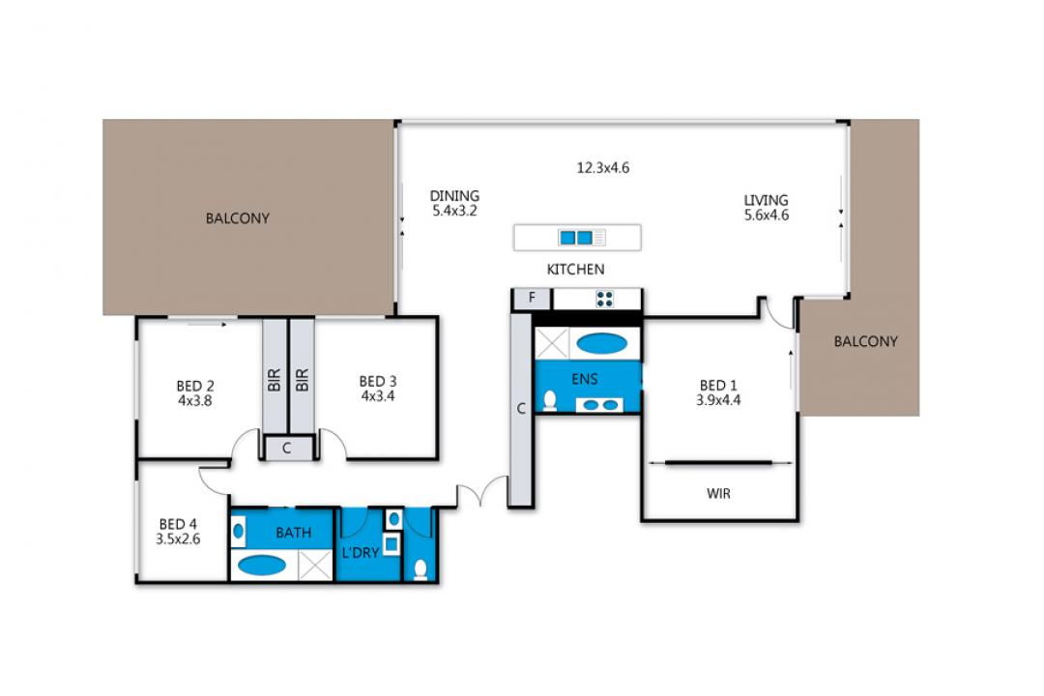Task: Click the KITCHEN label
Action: (575, 269)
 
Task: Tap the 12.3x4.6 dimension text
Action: (602, 168)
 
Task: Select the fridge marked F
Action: (532, 299)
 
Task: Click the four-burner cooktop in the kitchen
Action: (604, 299)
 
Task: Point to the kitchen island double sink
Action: (576, 238)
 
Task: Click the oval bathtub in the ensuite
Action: (601, 344)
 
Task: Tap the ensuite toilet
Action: (550, 400)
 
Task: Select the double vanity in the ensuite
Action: (599, 404)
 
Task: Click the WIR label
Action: (718, 494)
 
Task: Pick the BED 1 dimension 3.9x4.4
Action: (718, 400)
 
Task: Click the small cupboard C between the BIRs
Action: (287, 449)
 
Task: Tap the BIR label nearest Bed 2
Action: (274, 380)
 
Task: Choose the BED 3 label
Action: (378, 381)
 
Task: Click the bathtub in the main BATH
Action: (262, 565)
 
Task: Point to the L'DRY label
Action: (361, 553)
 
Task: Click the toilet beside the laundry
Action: (420, 570)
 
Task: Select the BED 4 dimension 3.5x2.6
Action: (178, 538)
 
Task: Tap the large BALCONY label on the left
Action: (237, 218)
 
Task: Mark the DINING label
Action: (454, 196)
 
